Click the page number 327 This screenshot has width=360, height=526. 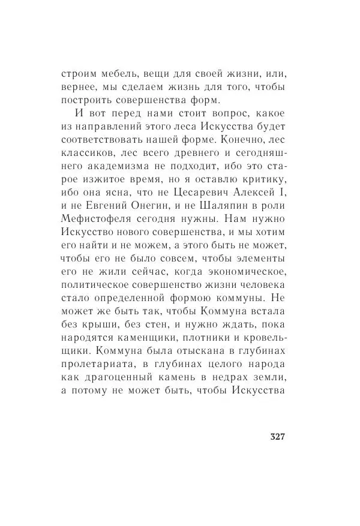273,436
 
